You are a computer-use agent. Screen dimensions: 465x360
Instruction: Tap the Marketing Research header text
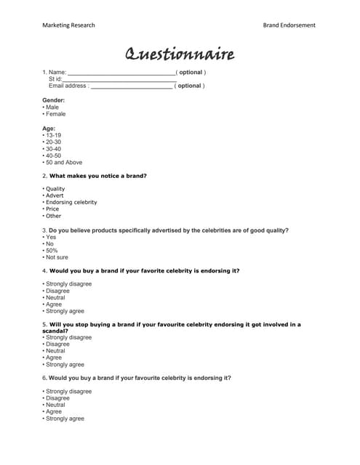[68, 25]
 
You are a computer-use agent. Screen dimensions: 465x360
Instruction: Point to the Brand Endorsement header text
[289, 25]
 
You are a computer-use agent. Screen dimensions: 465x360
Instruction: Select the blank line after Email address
[132, 86]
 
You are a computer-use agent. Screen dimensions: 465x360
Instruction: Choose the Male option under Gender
[52, 107]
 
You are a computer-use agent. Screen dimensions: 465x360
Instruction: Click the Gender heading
[54, 100]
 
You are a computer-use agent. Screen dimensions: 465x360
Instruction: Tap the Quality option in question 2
[55, 189]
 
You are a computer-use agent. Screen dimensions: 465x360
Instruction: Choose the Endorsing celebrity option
[71, 202]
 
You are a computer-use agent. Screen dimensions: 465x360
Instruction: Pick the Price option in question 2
[52, 209]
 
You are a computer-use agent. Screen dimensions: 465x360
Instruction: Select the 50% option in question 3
[52, 250]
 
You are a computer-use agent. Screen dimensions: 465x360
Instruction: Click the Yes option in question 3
[51, 237]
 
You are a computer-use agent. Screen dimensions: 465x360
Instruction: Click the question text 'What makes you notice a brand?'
[97, 176]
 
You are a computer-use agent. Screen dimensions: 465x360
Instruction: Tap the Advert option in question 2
[55, 195]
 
